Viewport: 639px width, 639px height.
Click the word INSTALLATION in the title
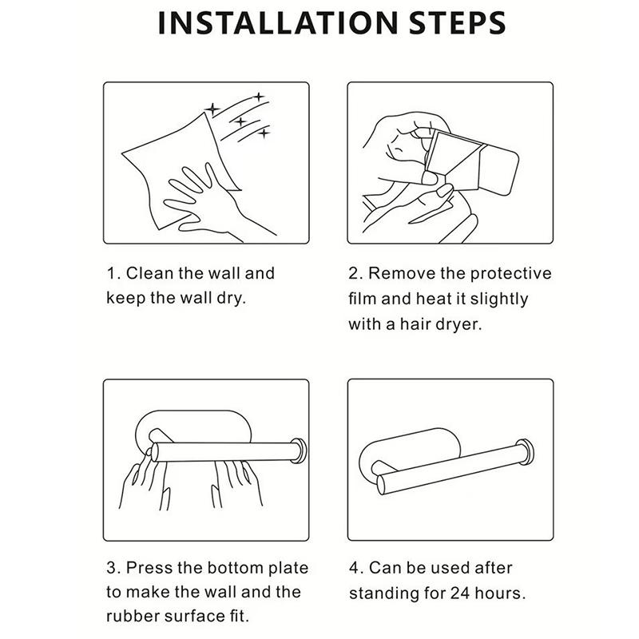click(x=277, y=23)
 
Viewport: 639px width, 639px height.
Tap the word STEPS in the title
click(x=457, y=23)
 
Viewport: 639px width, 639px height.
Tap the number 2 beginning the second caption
click(x=353, y=273)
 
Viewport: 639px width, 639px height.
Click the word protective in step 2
click(x=510, y=273)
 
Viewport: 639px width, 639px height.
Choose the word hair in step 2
click(x=415, y=324)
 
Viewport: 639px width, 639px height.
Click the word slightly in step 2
click(x=498, y=300)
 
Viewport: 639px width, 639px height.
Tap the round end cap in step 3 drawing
click(x=299, y=450)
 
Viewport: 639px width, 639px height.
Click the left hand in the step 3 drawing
click(x=145, y=483)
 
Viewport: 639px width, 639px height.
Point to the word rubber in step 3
click(x=132, y=616)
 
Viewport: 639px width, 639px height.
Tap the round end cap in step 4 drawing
click(x=525, y=451)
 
